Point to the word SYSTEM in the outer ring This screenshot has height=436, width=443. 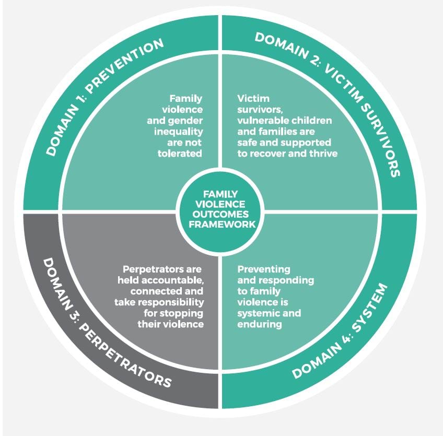(370, 307)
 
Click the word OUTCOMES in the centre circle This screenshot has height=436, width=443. (220, 214)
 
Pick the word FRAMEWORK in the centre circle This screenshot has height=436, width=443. (222, 224)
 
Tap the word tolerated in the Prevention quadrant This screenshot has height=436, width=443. (180, 154)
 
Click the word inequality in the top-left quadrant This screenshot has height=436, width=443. (179, 132)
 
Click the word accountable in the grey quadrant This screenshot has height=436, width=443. (172, 280)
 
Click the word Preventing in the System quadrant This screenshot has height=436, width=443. (264, 269)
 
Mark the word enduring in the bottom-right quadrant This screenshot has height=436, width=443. (259, 324)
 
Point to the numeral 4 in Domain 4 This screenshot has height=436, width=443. (345, 339)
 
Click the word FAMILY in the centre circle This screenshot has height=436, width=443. (220, 194)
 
